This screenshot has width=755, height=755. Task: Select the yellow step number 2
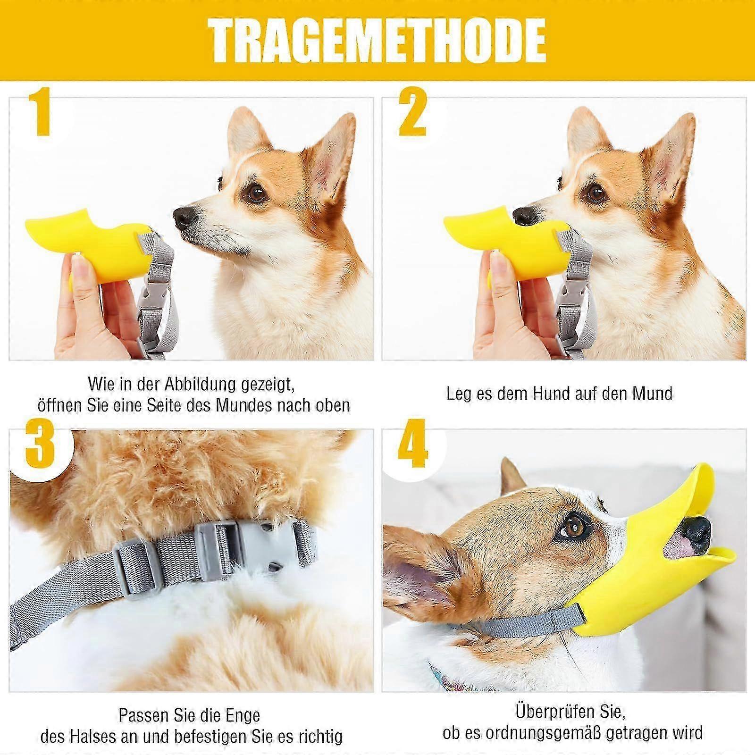point(413,113)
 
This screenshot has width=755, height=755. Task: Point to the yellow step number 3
point(40,442)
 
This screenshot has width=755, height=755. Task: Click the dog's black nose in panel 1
point(185,217)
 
